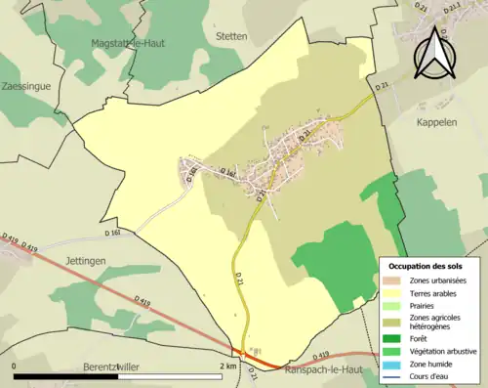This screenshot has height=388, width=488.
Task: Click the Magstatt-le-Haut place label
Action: point(128,43)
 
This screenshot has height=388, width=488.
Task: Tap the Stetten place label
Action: point(232,35)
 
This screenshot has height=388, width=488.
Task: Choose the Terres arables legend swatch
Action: point(392,292)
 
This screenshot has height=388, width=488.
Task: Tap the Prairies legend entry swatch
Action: point(392,304)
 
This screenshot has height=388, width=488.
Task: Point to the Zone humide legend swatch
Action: point(392,362)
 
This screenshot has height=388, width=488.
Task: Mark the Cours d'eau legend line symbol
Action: point(392,373)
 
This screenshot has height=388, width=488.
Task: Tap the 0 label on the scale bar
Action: point(16,366)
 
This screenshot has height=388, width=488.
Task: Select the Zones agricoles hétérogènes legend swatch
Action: point(392,318)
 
